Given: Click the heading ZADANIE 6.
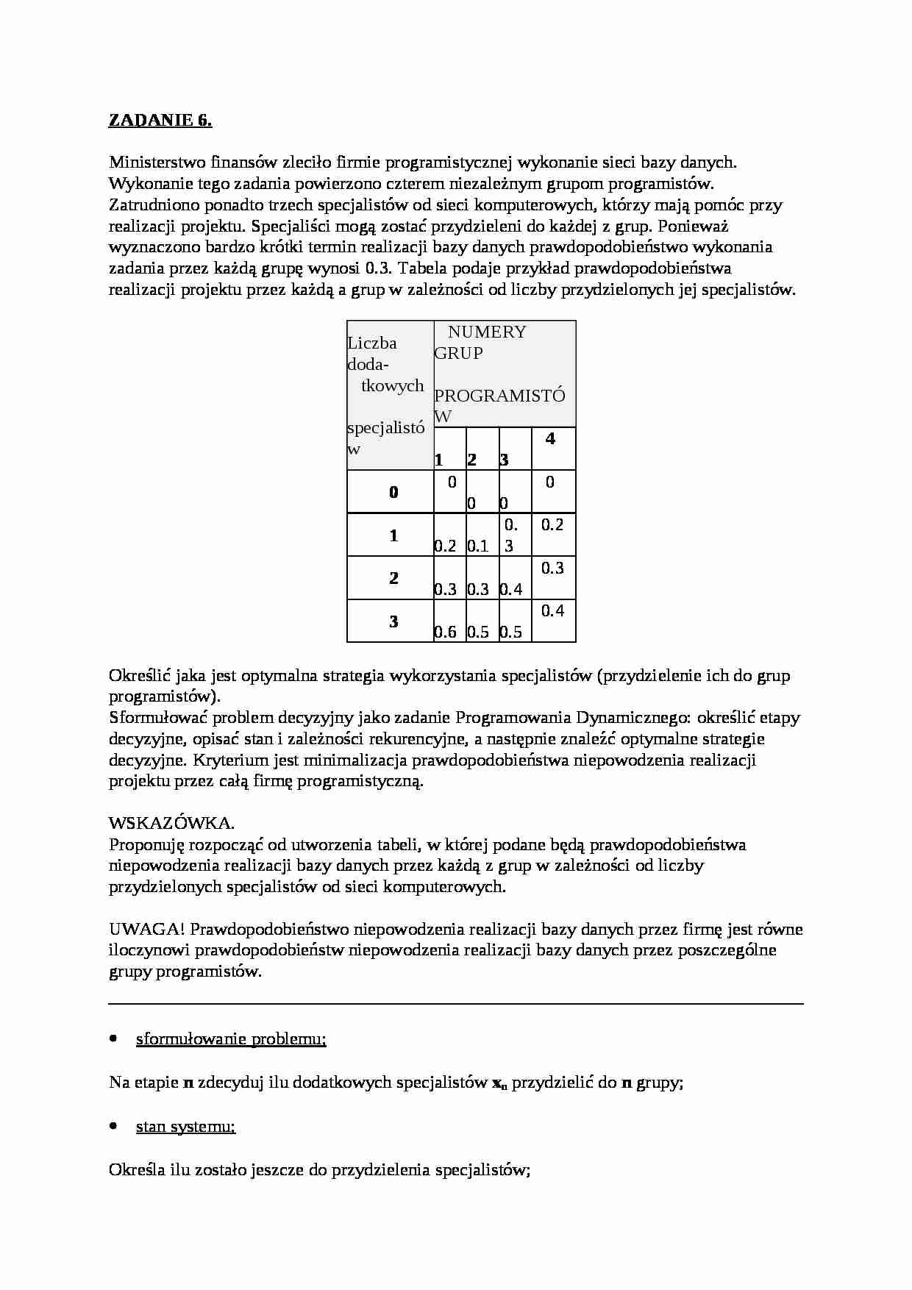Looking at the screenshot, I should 160,121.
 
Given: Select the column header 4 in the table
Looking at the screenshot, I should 550,439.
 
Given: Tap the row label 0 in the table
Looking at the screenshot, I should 393,493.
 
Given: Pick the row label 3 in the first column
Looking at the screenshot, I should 393,622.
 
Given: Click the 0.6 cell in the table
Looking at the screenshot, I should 445,632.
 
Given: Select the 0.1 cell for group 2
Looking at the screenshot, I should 478,546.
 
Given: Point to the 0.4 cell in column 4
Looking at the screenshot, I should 552,610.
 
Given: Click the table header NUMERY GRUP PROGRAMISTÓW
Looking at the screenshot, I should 500,374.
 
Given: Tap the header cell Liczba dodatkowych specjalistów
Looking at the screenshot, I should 387,395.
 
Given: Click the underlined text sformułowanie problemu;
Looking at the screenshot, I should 231,1039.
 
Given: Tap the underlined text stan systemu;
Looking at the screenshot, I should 185,1127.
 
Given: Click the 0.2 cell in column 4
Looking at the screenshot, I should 552,524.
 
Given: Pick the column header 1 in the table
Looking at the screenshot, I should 439,460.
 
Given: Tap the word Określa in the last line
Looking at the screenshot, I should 137,1169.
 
